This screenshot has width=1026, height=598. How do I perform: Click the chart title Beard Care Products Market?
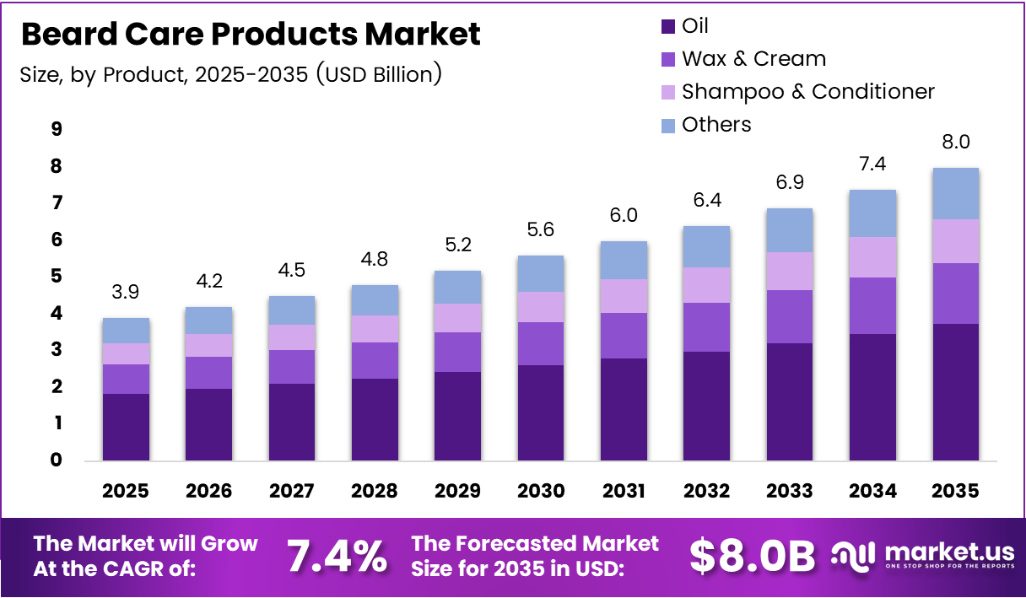point(251,35)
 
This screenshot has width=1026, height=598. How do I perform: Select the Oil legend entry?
point(694,26)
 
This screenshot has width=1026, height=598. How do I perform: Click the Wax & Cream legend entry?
point(753,59)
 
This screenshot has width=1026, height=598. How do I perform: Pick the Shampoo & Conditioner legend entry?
point(807,91)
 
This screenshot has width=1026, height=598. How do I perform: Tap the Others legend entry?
point(715,125)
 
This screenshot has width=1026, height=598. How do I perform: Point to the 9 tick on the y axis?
point(57,129)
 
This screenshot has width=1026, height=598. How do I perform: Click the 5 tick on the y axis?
point(57,277)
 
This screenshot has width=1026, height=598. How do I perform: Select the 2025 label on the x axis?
point(126,491)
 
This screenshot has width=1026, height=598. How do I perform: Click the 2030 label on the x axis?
point(541,491)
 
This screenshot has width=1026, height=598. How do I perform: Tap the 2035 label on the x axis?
point(956,491)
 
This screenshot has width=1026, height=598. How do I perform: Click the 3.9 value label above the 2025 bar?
point(126,292)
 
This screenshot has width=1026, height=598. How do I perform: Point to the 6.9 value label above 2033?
point(789,182)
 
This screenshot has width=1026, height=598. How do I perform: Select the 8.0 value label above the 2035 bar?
point(956,141)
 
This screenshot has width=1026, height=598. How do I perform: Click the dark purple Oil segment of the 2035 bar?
point(956,392)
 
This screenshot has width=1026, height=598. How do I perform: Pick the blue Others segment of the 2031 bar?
point(624,260)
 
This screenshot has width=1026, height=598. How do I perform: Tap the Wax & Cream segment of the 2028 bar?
point(375,360)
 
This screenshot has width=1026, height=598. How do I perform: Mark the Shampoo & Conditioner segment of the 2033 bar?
point(789,271)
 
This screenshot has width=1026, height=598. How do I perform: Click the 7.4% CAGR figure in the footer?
point(337,557)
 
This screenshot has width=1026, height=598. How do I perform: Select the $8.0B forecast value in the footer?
point(752,557)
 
